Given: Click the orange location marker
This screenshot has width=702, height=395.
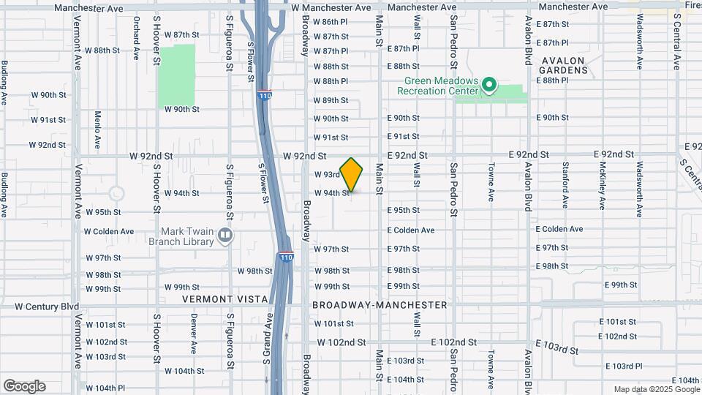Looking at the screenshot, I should coord(352,174).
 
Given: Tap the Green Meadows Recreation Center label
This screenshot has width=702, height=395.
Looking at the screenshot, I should coord(437,86).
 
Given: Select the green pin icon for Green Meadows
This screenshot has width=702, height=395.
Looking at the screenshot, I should coord(489,86).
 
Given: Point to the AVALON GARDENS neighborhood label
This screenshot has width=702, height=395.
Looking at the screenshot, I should coord(564,65).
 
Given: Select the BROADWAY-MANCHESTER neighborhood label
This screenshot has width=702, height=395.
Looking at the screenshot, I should coord(379,304).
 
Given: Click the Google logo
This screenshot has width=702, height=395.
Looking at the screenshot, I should coord(24,386).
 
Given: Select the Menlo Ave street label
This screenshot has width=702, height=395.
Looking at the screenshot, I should coord(97,127).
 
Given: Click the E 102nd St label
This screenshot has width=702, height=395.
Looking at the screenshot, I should coord(453,342).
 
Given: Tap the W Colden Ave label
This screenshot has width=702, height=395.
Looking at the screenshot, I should coord(109,231).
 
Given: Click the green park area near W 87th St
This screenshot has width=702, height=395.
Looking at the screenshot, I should coord(177,76).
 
